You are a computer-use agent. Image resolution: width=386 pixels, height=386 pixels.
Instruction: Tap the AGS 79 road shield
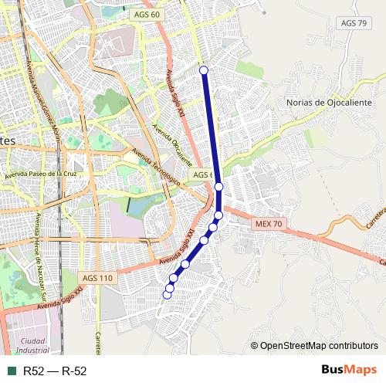pyautogui.click(x=354, y=23)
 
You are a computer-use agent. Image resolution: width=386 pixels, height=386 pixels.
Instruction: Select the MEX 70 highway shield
pyautogui.click(x=269, y=223)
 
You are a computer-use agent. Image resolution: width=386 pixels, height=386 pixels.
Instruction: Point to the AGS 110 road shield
pyautogui.click(x=96, y=278)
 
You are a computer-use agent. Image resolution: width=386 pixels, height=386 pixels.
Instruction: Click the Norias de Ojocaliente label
pyautogui.click(x=329, y=103)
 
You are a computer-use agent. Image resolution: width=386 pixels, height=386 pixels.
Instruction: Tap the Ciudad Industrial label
pyautogui.click(x=32, y=345)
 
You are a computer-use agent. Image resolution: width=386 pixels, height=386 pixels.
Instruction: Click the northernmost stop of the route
pyautogui.click(x=204, y=70)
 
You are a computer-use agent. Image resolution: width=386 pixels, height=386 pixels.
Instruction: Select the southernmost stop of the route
pyautogui.click(x=167, y=295)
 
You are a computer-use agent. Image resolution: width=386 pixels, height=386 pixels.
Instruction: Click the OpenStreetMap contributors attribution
pyautogui.click(x=313, y=346)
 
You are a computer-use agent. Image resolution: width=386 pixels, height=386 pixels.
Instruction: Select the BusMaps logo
pyautogui.click(x=349, y=371)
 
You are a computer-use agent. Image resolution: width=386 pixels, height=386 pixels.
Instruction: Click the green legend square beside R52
pyautogui.click(x=12, y=371)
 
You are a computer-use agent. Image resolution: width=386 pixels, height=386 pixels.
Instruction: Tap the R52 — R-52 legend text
pyautogui.click(x=55, y=371)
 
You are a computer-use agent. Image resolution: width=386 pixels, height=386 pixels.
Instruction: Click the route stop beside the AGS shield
pyautogui.click(x=219, y=187)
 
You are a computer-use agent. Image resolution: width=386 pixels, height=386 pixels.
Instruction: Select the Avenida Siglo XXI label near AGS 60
pyautogui.click(x=174, y=93)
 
